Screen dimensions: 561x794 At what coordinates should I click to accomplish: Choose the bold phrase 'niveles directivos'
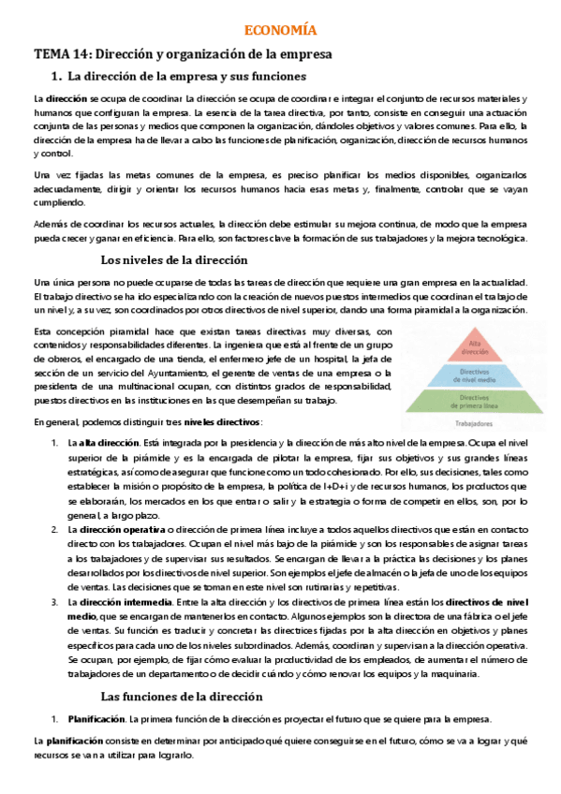click(223, 421)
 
